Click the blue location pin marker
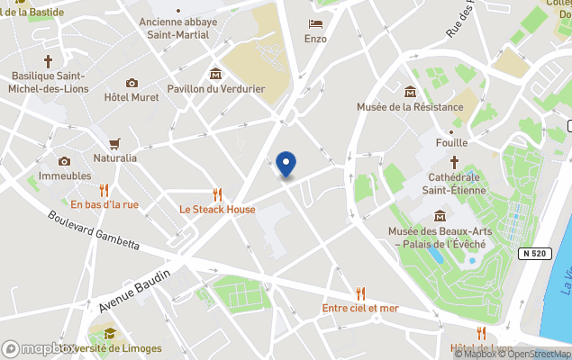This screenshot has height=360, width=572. point(286,164)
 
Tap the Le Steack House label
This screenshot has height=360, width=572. point(217,210)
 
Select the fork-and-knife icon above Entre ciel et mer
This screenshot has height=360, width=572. point(360,292)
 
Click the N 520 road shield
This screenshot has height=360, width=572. point(537,255)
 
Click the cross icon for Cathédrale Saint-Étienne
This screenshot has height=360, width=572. point(454,163)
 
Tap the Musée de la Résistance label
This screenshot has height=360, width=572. point(410,108)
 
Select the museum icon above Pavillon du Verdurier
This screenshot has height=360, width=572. point(215,73)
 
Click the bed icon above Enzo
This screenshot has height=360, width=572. point(315,23)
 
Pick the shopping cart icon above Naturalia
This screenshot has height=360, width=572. point(114,143)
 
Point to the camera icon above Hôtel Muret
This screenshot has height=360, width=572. point(132,83)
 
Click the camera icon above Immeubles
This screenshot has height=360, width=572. point(64,161)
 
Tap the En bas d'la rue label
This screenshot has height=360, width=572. point(104,204)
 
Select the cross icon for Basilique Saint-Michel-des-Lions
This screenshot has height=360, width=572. point(47,61)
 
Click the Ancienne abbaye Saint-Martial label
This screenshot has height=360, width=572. point(178,29)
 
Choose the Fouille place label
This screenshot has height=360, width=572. point(451,142)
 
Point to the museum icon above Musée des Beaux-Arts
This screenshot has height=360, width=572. point(440,216)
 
